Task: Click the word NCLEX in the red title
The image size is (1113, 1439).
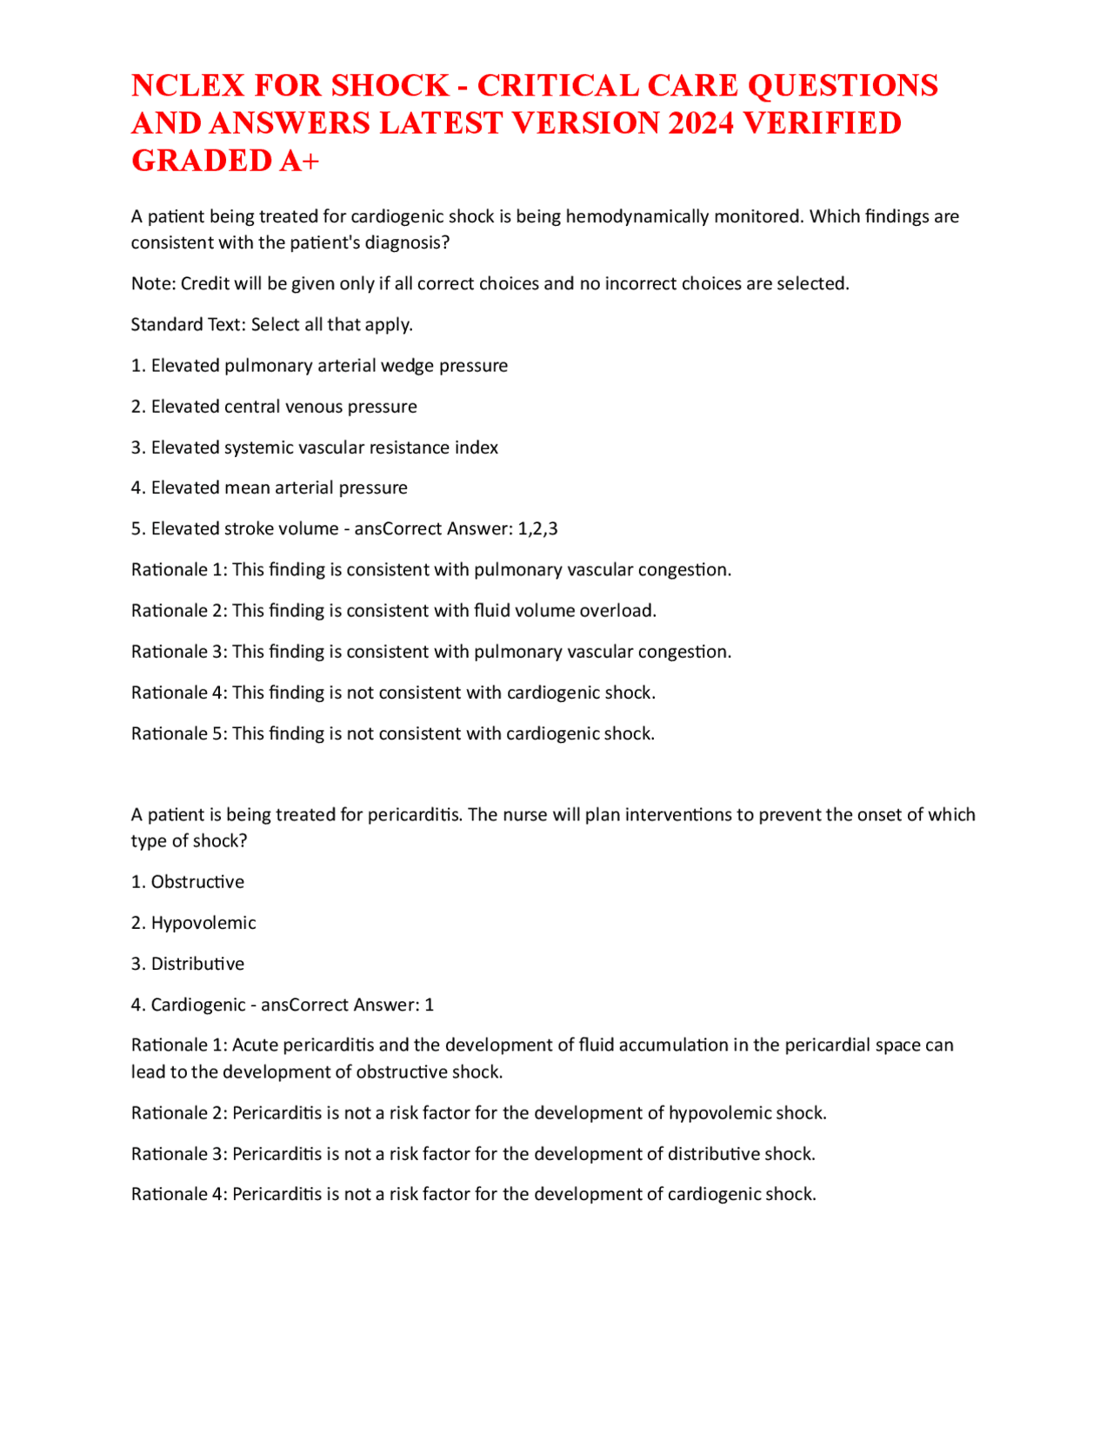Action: (x=183, y=86)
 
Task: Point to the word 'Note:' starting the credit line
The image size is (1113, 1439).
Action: (x=153, y=284)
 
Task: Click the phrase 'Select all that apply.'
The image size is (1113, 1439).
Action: (x=332, y=325)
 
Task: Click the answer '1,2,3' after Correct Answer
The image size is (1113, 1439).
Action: (x=537, y=529)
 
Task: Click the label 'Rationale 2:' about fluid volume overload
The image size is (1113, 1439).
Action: (x=179, y=611)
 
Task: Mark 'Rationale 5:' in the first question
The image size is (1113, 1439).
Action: (x=179, y=734)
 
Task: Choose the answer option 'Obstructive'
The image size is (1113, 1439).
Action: (x=197, y=882)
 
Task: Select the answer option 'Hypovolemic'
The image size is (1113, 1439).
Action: (x=203, y=923)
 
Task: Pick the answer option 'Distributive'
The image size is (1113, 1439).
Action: (x=197, y=964)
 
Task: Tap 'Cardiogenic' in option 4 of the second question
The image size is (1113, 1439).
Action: (x=198, y=1005)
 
